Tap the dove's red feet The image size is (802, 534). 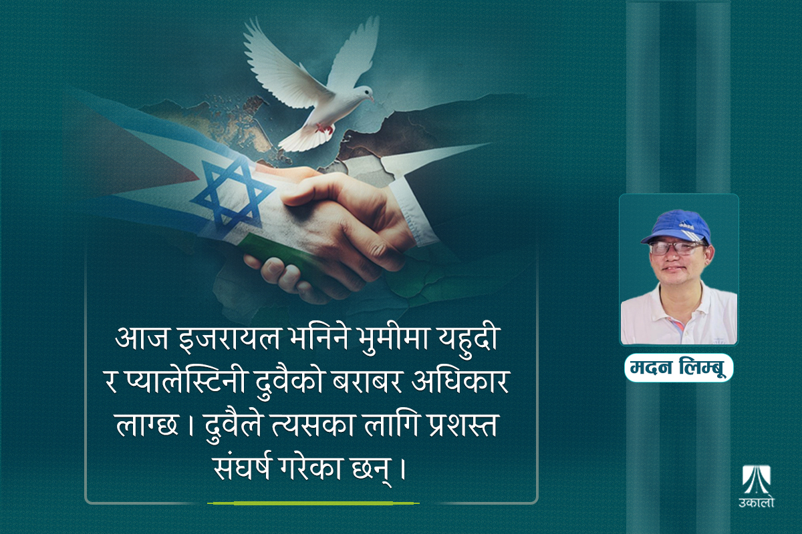pos(324,128)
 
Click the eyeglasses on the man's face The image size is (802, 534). pos(676,248)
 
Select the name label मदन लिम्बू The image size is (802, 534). pos(678,367)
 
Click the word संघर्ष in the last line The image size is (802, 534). pos(243,469)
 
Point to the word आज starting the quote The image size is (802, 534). pos(142,340)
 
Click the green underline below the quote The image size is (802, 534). pos(313,503)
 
